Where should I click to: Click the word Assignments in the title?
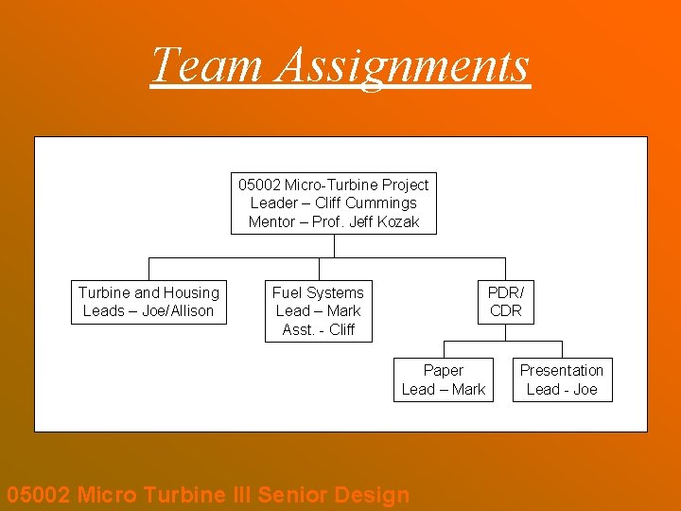coord(404,65)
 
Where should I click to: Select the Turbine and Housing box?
coord(148,302)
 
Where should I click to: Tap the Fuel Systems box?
coord(318,311)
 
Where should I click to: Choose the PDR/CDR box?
coord(505,302)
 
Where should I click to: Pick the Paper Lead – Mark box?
coord(443,379)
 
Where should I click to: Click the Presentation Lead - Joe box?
coord(562,379)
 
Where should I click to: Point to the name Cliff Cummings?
coord(365,203)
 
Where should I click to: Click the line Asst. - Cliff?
coord(318,329)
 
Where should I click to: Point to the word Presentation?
coord(562,370)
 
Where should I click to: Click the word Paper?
coord(443,370)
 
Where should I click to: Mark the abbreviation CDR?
coord(505,310)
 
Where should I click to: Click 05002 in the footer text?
coord(38,494)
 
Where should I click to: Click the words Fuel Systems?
coord(318,292)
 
